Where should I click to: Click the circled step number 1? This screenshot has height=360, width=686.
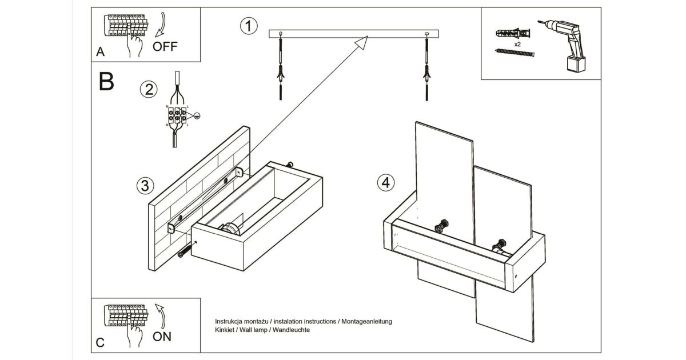tap(248, 26)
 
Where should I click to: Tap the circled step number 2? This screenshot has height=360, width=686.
tap(149, 90)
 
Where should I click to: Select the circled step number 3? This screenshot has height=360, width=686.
tap(145, 186)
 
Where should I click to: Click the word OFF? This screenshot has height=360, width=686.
tap(165, 46)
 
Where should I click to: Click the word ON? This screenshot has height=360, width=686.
tap(162, 337)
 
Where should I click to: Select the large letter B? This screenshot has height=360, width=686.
tap(107, 82)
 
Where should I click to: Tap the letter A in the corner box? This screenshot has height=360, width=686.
tap(101, 53)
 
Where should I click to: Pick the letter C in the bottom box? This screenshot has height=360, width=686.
tap(100, 343)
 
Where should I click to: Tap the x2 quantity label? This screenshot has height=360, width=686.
tap(517, 44)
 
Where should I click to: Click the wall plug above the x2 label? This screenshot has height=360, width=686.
tap(514, 33)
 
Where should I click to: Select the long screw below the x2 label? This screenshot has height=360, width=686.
tap(514, 53)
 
